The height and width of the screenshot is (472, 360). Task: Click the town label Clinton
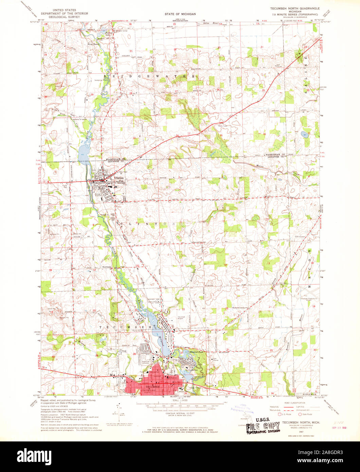(x=119, y=178)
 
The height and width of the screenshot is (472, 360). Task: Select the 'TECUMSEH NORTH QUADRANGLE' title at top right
(x=294, y=7)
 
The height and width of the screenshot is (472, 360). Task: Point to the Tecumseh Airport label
(x=181, y=317)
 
